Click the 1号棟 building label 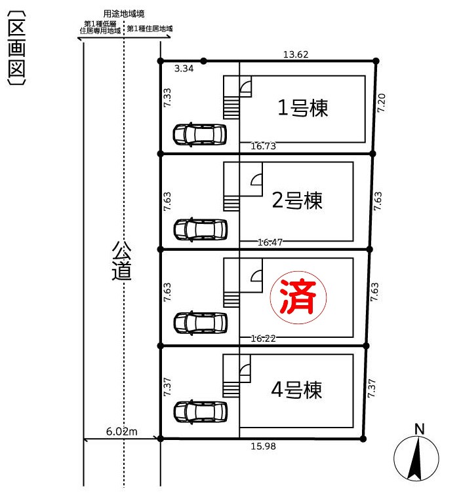[x=302, y=107]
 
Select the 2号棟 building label [x=297, y=200]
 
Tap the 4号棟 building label [x=296, y=390]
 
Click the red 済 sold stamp [x=298, y=297]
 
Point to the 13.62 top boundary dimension [x=296, y=54]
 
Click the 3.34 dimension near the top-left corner [x=184, y=68]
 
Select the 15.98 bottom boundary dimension [x=264, y=446]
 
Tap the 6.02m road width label [x=122, y=431]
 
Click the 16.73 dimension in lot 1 [x=264, y=146]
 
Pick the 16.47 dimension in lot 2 [x=270, y=242]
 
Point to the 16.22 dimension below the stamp [x=264, y=339]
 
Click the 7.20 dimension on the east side [x=381, y=103]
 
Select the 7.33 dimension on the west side [x=167, y=97]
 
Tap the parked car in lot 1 [x=200, y=134]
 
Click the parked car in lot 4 [x=201, y=412]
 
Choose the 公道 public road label [x=121, y=261]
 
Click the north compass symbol [x=416, y=458]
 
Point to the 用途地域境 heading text [x=124, y=14]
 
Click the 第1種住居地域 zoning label [x=150, y=29]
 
